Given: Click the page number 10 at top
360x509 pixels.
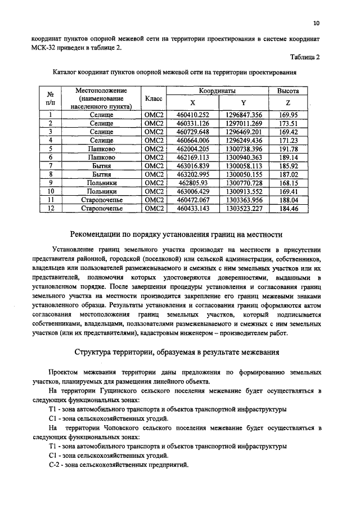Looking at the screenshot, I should [316, 23].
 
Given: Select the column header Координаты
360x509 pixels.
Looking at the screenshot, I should [217, 91].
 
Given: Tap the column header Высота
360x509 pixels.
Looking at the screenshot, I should [288, 91].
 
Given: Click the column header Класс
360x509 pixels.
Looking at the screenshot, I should [154, 98].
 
